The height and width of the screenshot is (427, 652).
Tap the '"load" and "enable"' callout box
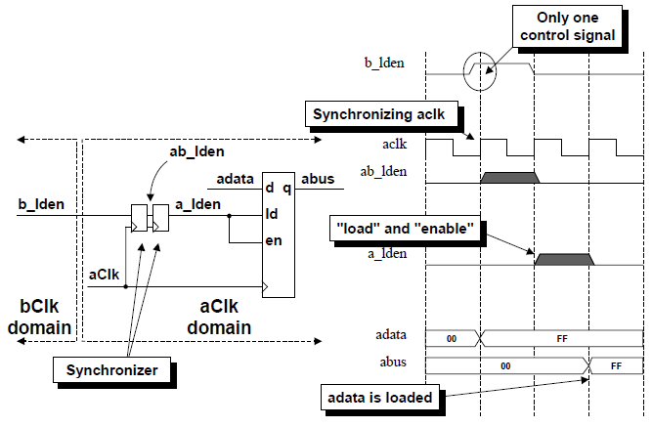[x=404, y=230]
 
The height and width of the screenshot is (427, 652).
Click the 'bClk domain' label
[x=37, y=316]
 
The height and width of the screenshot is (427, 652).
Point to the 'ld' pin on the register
[x=271, y=211]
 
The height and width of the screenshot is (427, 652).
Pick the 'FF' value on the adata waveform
[x=562, y=336]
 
